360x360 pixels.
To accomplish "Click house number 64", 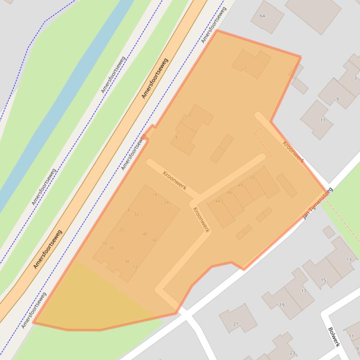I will click(x=262, y=16).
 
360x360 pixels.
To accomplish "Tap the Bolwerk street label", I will click(x=333, y=337).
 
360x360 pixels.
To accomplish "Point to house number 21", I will click(x=236, y=324).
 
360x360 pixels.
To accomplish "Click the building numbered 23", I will click(x=293, y=353).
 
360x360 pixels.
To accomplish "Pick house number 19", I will click(x=281, y=305).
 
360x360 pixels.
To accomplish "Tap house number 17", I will click(x=303, y=291).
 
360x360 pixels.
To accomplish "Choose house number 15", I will click(x=323, y=281).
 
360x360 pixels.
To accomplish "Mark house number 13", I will click(x=349, y=259).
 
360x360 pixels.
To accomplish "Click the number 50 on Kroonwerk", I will click(x=251, y=177).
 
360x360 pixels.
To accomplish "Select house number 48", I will click(x=240, y=186).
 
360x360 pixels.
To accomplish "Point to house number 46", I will click(x=229, y=193).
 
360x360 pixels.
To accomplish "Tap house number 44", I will click(x=217, y=201).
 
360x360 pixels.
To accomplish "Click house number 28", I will click(x=166, y=202).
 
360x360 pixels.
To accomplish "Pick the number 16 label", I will click(x=154, y=194).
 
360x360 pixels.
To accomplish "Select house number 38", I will click(x=126, y=261).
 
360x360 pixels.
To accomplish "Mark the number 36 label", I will click(x=111, y=248).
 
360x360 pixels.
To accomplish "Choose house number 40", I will click(x=145, y=234).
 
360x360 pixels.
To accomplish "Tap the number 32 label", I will click(x=136, y=214).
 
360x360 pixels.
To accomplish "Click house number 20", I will click(x=122, y=230).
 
